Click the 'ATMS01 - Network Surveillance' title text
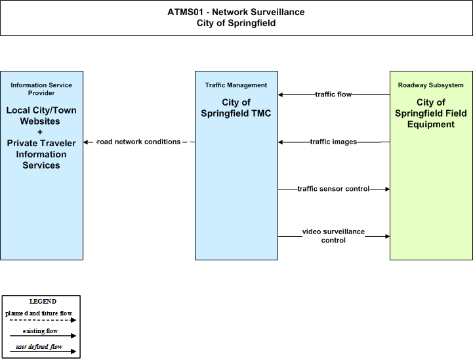click(236, 12)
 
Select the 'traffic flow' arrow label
click(333, 94)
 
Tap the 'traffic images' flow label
click(333, 142)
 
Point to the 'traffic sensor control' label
click(333, 189)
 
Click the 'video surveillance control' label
click(333, 236)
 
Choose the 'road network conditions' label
click(138, 142)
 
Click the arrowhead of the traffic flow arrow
click(280, 94)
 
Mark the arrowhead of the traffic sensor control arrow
click(388, 189)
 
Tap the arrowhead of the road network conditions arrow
click(86, 142)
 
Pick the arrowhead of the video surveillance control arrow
click(388, 236)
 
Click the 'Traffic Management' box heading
click(236, 85)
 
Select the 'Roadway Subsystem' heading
click(431, 85)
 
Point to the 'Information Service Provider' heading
click(41, 89)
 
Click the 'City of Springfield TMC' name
click(236, 108)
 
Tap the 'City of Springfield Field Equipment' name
click(431, 113)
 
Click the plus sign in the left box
click(40, 132)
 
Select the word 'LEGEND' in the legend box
click(43, 302)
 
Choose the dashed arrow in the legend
click(43, 320)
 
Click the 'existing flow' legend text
click(40, 331)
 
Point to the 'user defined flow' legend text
click(39, 347)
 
